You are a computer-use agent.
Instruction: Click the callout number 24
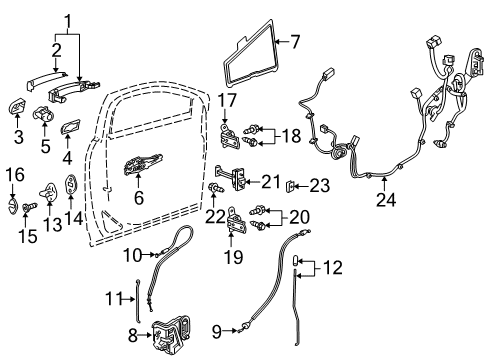[384, 200]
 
